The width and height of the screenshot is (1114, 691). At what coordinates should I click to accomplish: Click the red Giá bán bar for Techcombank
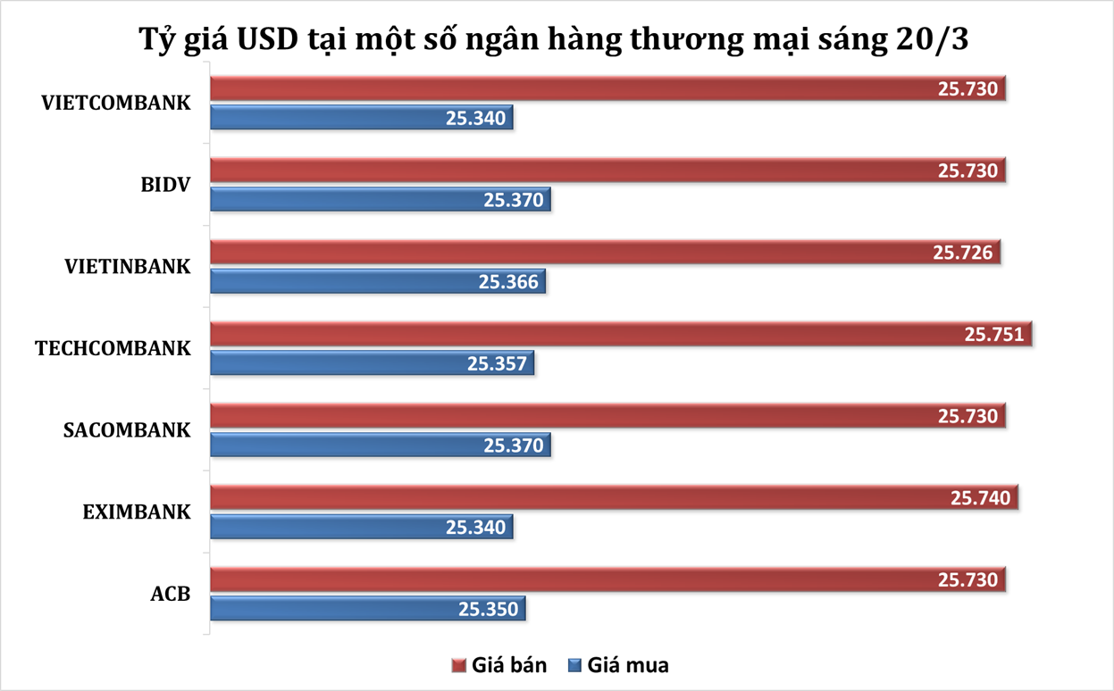pos(581,334)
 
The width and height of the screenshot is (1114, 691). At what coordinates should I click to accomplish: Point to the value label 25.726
pos(963,253)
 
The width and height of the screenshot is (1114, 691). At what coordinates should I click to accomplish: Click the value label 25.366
pos(508,282)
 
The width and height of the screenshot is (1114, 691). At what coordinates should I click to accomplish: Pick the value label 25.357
pos(497,363)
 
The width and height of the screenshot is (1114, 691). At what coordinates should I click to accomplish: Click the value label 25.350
pos(488,609)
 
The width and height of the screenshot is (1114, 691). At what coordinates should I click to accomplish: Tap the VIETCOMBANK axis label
pos(116,102)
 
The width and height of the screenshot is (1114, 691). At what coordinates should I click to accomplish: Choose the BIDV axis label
pos(166,184)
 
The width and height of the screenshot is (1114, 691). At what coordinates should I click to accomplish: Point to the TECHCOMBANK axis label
pos(113,348)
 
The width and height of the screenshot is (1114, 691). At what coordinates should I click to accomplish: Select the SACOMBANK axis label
pos(127,429)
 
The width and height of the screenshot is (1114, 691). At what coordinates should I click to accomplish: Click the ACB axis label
pos(172,594)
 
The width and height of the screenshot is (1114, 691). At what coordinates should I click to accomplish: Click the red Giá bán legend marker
pos(459,666)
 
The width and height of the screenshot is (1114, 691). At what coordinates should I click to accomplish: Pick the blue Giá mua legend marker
pos(574,666)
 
